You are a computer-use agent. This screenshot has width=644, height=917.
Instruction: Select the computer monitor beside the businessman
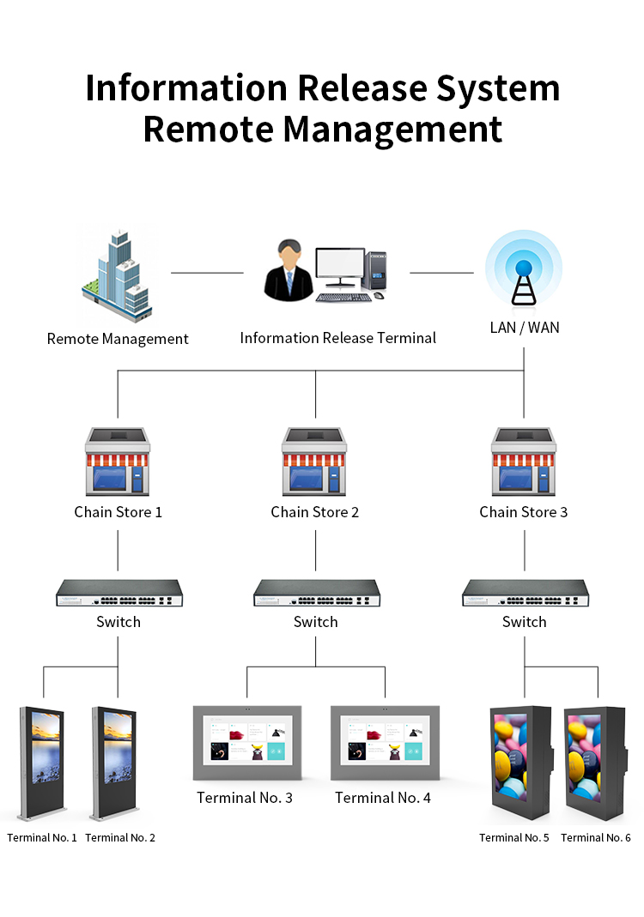pyautogui.click(x=340, y=268)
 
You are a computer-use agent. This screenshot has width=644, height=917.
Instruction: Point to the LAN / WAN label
pyautogui.click(x=525, y=328)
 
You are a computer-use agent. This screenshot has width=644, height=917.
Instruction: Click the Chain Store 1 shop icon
pyautogui.click(x=118, y=462)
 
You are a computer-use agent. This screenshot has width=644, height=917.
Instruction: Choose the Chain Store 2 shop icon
pyautogui.click(x=314, y=462)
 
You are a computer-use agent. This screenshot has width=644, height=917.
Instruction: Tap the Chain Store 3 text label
pyautogui.click(x=524, y=512)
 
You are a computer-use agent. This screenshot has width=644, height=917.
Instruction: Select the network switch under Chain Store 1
pyautogui.click(x=119, y=593)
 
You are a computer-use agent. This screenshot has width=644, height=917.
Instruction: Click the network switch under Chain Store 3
pyautogui.click(x=526, y=593)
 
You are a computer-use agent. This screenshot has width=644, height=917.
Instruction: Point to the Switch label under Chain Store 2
pyautogui.click(x=316, y=622)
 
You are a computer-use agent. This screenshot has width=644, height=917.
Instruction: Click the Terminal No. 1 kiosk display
pyautogui.click(x=42, y=763)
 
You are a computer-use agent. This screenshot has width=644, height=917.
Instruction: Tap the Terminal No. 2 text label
pyautogui.click(x=120, y=837)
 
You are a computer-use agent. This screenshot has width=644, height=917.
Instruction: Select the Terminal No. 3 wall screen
pyautogui.click(x=247, y=743)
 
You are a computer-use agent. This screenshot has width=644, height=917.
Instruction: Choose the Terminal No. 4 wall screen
pyautogui.click(x=386, y=743)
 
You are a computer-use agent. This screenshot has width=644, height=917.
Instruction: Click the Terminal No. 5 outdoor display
pyautogui.click(x=522, y=763)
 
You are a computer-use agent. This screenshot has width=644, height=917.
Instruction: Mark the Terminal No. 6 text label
pyautogui.click(x=596, y=837)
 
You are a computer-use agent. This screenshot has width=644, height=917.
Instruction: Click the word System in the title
pyautogui.click(x=498, y=88)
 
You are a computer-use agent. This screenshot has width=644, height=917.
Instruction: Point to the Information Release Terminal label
pyautogui.click(x=337, y=338)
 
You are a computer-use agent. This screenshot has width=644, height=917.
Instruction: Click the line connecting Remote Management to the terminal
pyautogui.click(x=207, y=273)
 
